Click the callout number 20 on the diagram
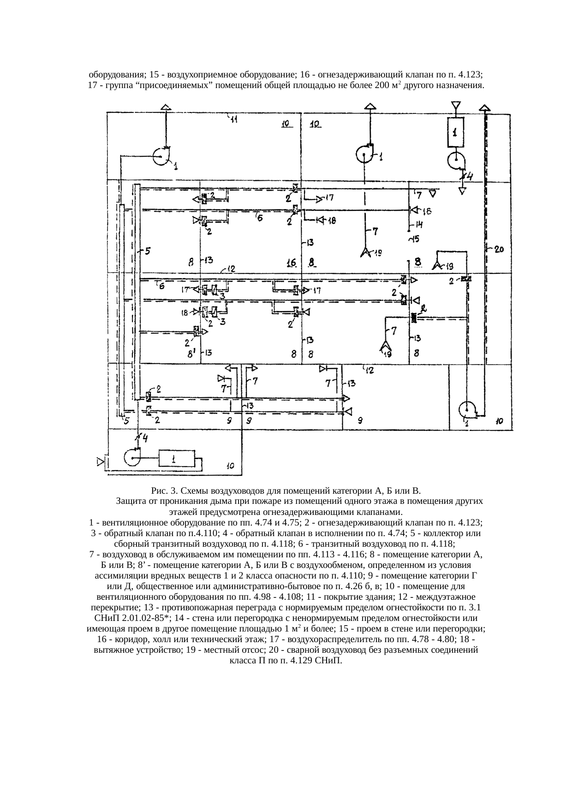499,249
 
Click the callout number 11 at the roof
234,120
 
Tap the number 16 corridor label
291,263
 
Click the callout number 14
419,224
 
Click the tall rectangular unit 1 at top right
455,133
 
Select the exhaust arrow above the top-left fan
166,107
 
